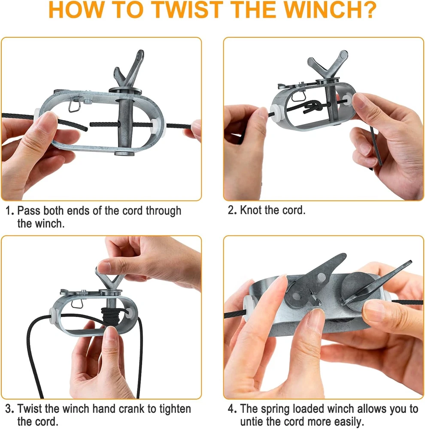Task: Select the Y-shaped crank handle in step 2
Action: [328, 65]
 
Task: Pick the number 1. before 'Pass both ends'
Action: [10, 211]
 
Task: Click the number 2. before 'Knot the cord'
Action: [233, 210]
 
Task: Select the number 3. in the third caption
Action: [10, 409]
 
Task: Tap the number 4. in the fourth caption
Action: [233, 409]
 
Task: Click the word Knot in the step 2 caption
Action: [252, 210]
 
